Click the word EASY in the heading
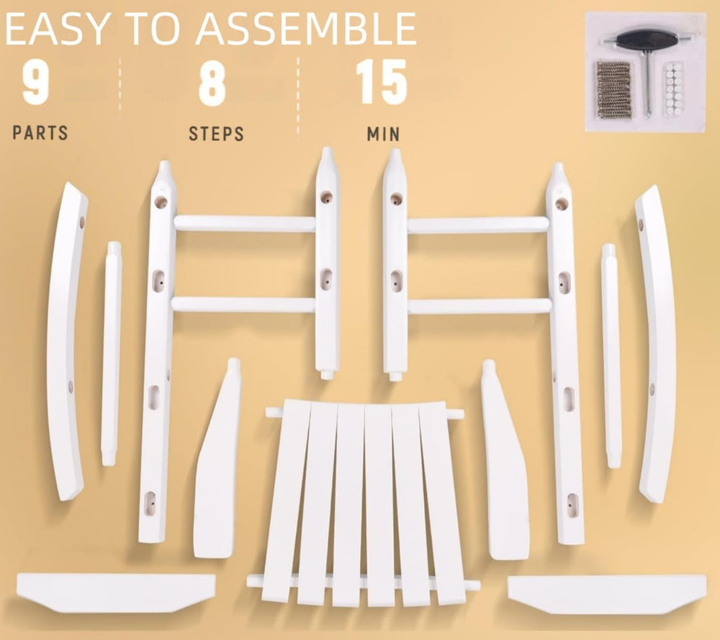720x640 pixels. click(57, 29)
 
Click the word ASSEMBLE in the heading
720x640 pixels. click(306, 29)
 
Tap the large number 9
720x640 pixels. click(35, 83)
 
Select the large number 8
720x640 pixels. click(212, 83)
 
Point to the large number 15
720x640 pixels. click(382, 82)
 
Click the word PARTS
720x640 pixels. click(40, 133)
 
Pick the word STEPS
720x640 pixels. click(216, 134)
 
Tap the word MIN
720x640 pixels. click(384, 134)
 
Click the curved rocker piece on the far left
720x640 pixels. click(66, 340)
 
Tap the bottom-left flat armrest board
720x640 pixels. click(116, 592)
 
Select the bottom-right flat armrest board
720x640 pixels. click(607, 594)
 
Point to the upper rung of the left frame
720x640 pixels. click(244, 224)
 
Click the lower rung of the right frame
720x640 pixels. click(480, 306)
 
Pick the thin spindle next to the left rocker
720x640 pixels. click(111, 353)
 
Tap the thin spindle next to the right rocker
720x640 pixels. click(611, 356)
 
